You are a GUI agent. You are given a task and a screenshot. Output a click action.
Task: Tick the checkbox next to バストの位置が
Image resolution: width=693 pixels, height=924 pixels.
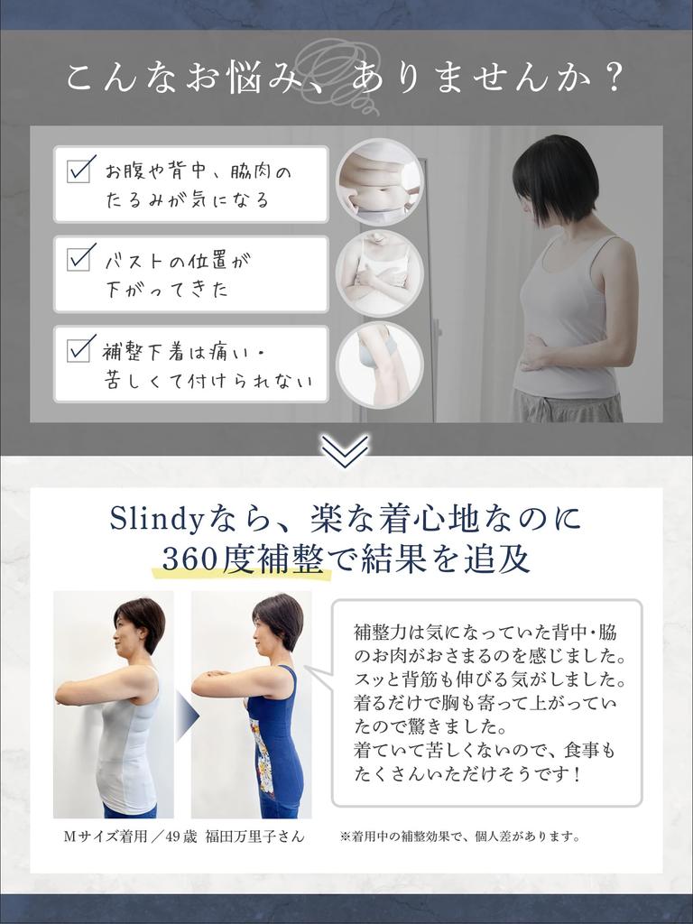(x=81, y=258)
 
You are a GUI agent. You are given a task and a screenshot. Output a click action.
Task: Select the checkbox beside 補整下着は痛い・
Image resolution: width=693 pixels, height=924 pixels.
(x=81, y=348)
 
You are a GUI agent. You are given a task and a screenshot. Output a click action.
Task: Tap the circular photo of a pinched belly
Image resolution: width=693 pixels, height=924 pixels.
(x=379, y=181)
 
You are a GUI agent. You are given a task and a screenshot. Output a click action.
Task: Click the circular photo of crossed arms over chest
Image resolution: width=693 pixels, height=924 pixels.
(x=379, y=273)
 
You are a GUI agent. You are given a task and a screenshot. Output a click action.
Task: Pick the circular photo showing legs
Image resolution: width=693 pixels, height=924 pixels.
(x=379, y=365)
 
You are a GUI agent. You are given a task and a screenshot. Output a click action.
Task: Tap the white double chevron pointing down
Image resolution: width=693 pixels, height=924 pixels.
(x=346, y=450)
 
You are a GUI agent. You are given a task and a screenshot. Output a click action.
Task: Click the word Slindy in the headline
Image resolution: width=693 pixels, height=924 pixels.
(x=150, y=518)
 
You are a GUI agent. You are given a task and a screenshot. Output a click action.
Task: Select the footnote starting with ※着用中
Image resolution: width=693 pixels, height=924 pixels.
(x=459, y=836)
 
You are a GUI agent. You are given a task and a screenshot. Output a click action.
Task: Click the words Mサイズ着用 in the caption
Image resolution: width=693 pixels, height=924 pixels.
(x=99, y=836)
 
